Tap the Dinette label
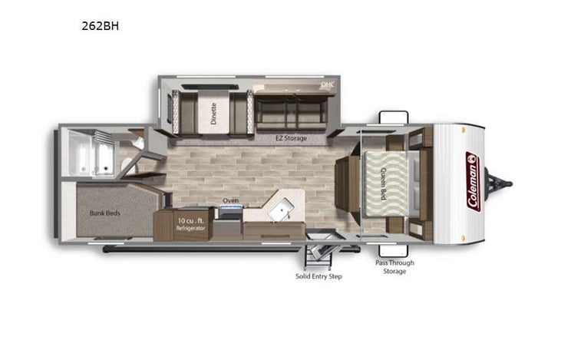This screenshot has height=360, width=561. click(214, 113)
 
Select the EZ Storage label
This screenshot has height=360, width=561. click(292, 138)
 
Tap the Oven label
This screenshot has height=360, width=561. click(230, 201)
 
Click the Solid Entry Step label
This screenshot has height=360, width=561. click(318, 276)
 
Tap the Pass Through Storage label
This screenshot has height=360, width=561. click(394, 267)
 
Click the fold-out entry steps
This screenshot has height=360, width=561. click(320, 253)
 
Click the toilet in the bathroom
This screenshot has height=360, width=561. click(136, 143)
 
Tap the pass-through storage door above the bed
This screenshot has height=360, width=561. click(394, 117)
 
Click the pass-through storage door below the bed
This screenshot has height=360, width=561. click(394, 249)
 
